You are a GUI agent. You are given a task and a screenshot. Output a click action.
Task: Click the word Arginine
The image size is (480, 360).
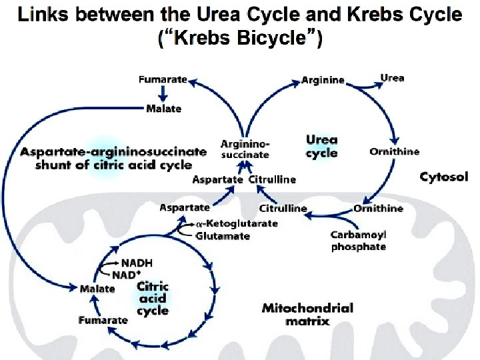[x=323, y=80]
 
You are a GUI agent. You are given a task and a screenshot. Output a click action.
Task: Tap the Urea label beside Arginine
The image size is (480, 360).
[x=392, y=78]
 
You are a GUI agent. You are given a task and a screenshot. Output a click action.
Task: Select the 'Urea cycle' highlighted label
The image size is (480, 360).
[x=321, y=147]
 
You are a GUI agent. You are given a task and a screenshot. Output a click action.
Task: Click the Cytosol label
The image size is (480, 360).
[x=443, y=177]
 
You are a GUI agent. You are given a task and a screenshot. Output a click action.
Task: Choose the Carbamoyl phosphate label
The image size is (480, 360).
[x=358, y=241]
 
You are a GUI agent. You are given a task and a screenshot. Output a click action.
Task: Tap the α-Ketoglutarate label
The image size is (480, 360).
[x=237, y=224]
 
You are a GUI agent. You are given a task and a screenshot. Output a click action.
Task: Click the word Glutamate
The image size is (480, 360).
[x=223, y=236]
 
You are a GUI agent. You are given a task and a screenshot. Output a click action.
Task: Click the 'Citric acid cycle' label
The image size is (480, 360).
[x=153, y=298]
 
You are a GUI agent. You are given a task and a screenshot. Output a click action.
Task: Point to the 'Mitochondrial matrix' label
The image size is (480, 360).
[x=307, y=314]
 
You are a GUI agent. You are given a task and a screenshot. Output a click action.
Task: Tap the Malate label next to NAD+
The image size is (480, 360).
[x=97, y=289]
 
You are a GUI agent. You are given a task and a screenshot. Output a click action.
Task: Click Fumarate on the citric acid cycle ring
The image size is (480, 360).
[x=103, y=320]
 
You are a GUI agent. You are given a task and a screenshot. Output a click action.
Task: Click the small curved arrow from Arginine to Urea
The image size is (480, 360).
[x=363, y=82]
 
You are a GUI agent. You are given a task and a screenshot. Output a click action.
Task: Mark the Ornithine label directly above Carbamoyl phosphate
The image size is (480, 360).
[x=378, y=209]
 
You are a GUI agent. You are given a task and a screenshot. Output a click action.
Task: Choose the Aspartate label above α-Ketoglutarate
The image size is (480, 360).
[x=184, y=208]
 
